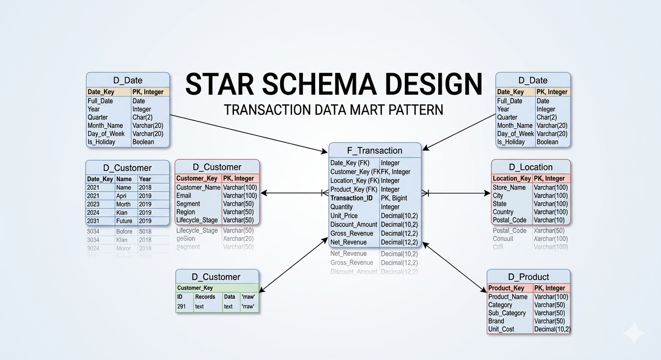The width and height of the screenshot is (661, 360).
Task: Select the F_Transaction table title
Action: point(375,150)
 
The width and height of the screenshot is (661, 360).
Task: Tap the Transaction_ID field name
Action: point(352,198)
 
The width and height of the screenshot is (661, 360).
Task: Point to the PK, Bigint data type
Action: point(394,198)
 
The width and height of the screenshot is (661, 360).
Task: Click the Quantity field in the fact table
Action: point(342,207)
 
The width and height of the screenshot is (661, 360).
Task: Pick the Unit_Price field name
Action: point(344,216)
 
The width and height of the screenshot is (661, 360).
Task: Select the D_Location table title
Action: point(531,167)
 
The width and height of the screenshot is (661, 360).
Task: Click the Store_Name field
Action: point(509,187)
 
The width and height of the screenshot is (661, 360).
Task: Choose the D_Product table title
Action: point(528,277)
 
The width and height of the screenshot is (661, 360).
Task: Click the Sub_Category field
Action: point(507,313)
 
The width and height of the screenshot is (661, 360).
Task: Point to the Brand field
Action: point(496,321)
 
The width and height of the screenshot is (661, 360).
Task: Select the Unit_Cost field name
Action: point(501,329)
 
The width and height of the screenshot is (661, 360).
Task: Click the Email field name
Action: point(183,195)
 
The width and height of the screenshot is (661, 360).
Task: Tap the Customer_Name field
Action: point(198,187)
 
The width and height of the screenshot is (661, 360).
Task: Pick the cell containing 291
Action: point(182,306)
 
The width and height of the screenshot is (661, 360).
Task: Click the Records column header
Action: point(205,297)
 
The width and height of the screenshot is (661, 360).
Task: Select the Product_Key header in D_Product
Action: point(506,288)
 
